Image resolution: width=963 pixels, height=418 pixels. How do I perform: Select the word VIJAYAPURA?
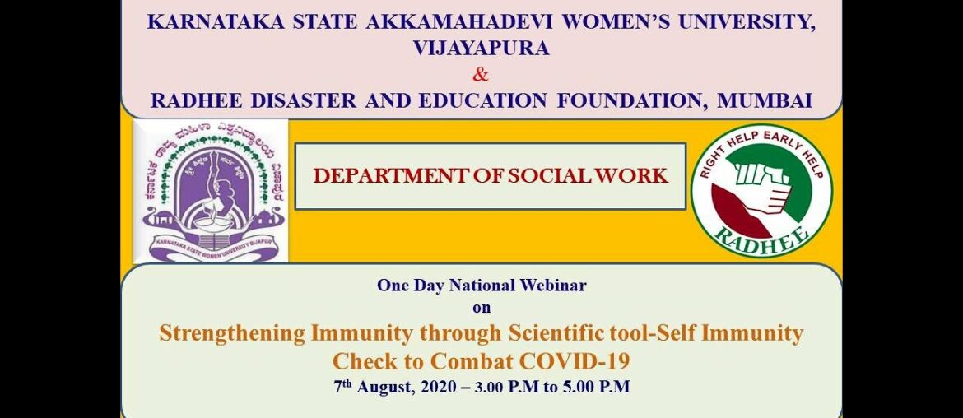click(481, 48)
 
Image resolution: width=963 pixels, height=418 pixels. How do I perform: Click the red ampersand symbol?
click(481, 75)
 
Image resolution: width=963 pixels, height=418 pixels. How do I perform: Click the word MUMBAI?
click(765, 100)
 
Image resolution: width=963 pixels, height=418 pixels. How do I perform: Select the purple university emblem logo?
click(211, 190)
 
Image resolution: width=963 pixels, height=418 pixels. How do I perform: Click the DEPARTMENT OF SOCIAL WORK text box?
click(490, 175)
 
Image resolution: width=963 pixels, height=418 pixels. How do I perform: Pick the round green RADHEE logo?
click(761, 191)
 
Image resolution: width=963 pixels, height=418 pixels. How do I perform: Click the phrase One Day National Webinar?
click(481, 286)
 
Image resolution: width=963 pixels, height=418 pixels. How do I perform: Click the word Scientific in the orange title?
click(561, 333)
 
